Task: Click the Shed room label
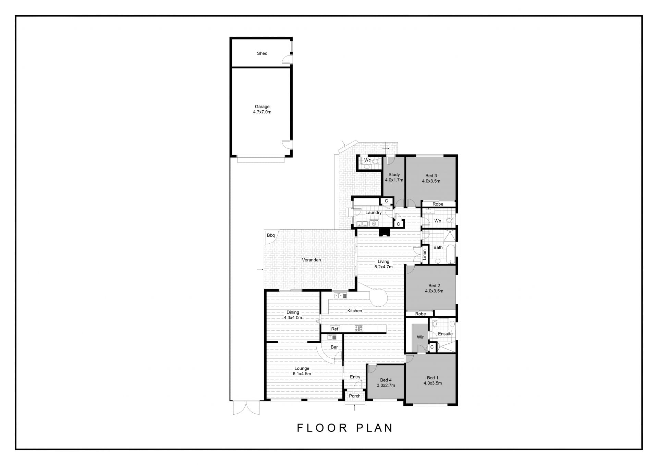point(262,53)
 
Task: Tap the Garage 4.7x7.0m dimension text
point(262,112)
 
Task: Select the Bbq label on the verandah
point(271,235)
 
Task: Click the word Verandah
point(312,260)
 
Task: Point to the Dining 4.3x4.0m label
point(293,315)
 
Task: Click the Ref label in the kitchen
point(335,329)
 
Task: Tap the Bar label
point(334,347)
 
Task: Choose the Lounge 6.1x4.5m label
point(302,371)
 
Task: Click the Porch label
point(355,396)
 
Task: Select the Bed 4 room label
point(386,380)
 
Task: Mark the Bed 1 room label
point(433,378)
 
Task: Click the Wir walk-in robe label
point(420,337)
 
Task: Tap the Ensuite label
point(445,334)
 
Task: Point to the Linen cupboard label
point(425,255)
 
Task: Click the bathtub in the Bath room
point(450,254)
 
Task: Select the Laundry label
point(373,213)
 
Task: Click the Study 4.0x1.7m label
point(394,178)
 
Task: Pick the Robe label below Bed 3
point(438,204)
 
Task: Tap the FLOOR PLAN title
point(345,428)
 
